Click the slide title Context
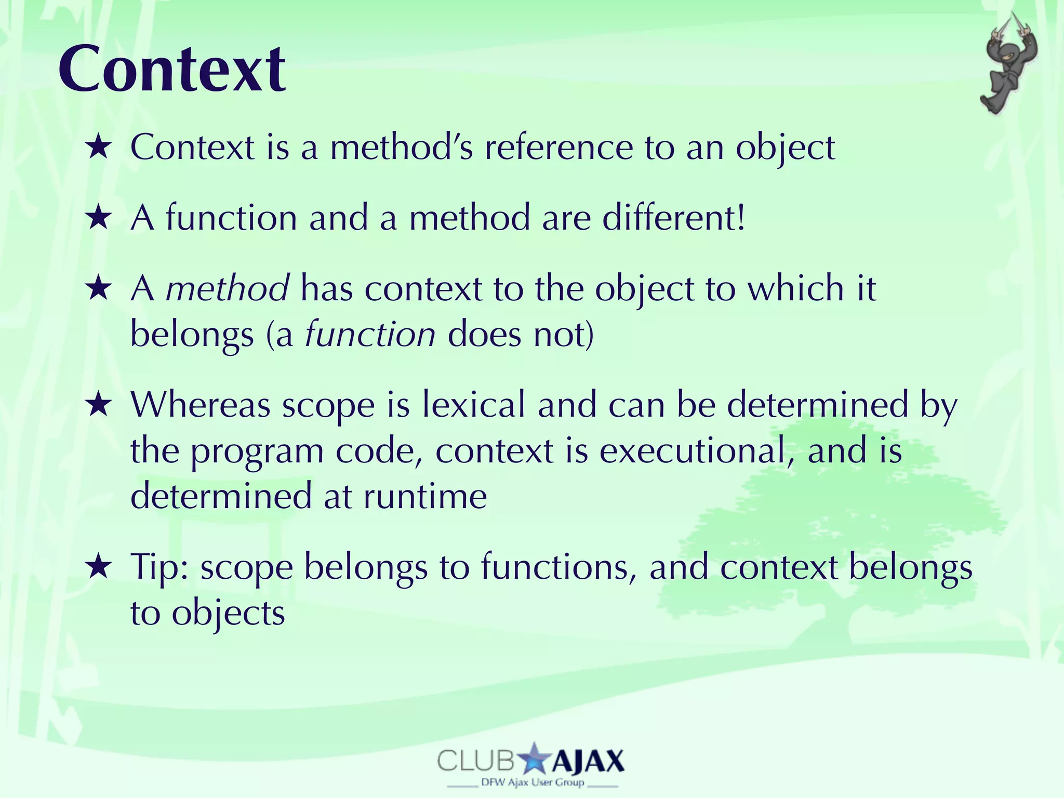pyautogui.click(x=171, y=69)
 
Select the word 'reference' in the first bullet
pyautogui.click(x=558, y=148)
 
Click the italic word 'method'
pyautogui.click(x=227, y=288)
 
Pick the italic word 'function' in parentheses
pyautogui.click(x=370, y=334)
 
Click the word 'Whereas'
pyautogui.click(x=201, y=405)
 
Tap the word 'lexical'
pyautogui.click(x=473, y=405)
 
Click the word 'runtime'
pyautogui.click(x=425, y=496)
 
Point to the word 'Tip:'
pyautogui.click(x=159, y=567)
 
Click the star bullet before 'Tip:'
pyautogui.click(x=98, y=567)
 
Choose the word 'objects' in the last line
pyautogui.click(x=228, y=614)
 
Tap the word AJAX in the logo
pyautogui.click(x=587, y=762)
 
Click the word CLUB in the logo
pyautogui.click(x=475, y=762)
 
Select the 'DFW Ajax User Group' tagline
pyautogui.click(x=533, y=782)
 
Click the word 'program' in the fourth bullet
pyautogui.click(x=257, y=451)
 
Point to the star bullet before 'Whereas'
pyautogui.click(x=98, y=405)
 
